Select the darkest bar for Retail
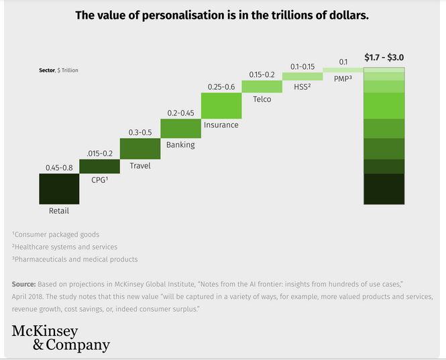tap(59, 188)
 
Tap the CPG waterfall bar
tap(99, 166)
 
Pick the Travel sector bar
tap(140, 148)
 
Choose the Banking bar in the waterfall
tap(180, 127)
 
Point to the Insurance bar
tap(221, 106)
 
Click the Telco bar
tap(262, 86)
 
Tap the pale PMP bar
tap(343, 70)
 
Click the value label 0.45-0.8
tap(59, 168)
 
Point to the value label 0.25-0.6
tap(221, 87)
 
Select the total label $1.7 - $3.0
tap(384, 58)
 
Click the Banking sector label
tap(180, 145)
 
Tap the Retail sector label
tap(59, 211)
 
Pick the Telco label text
tap(262, 99)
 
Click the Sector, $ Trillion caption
tap(59, 70)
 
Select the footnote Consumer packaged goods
tap(56, 235)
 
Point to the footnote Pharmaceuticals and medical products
tap(75, 259)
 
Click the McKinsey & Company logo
tap(60, 339)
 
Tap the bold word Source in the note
tap(23, 283)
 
